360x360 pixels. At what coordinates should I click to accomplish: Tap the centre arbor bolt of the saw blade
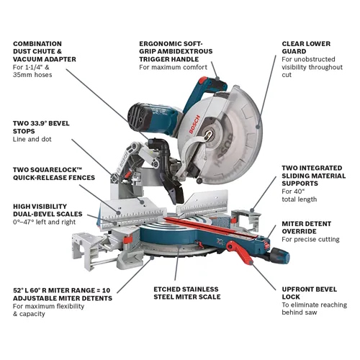pos(210,132)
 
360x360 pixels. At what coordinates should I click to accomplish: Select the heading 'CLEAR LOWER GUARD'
pos(306,48)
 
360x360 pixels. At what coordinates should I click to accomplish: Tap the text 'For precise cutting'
pos(311,239)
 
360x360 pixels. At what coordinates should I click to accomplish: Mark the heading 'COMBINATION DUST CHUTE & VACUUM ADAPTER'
pos(48,53)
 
